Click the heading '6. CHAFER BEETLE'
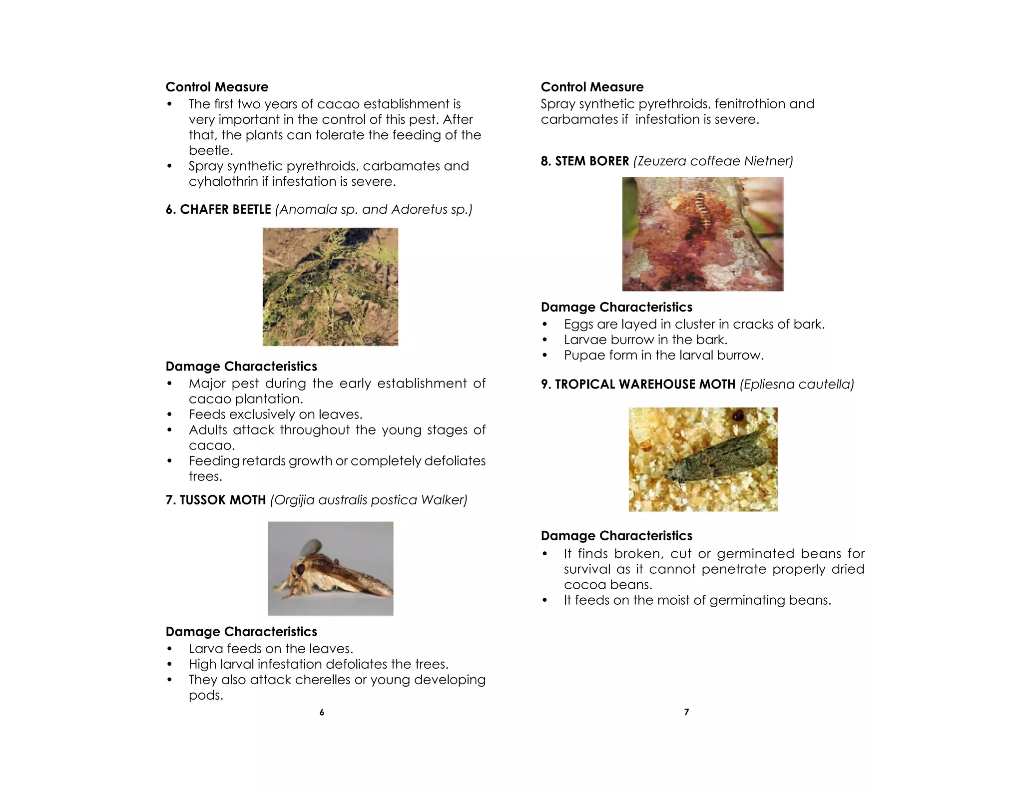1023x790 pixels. click(x=218, y=209)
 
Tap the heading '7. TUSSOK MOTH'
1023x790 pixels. click(x=216, y=500)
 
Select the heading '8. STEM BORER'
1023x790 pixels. click(x=585, y=161)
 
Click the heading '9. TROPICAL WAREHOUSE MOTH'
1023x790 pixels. click(x=638, y=384)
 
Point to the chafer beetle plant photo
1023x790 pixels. click(x=330, y=287)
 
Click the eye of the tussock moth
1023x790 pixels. click(x=300, y=569)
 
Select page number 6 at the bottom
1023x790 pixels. click(x=322, y=713)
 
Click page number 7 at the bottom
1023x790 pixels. click(x=686, y=713)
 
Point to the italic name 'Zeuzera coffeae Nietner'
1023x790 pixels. click(x=713, y=161)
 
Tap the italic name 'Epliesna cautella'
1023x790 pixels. click(x=797, y=384)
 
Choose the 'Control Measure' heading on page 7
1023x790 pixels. click(x=592, y=87)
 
